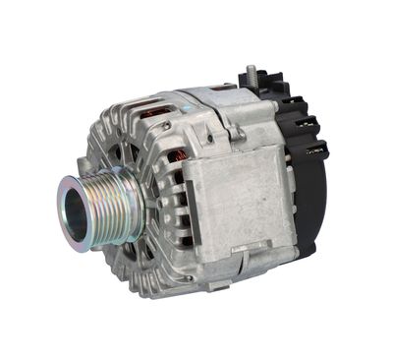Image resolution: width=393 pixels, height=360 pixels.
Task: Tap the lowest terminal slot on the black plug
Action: [315, 151]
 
